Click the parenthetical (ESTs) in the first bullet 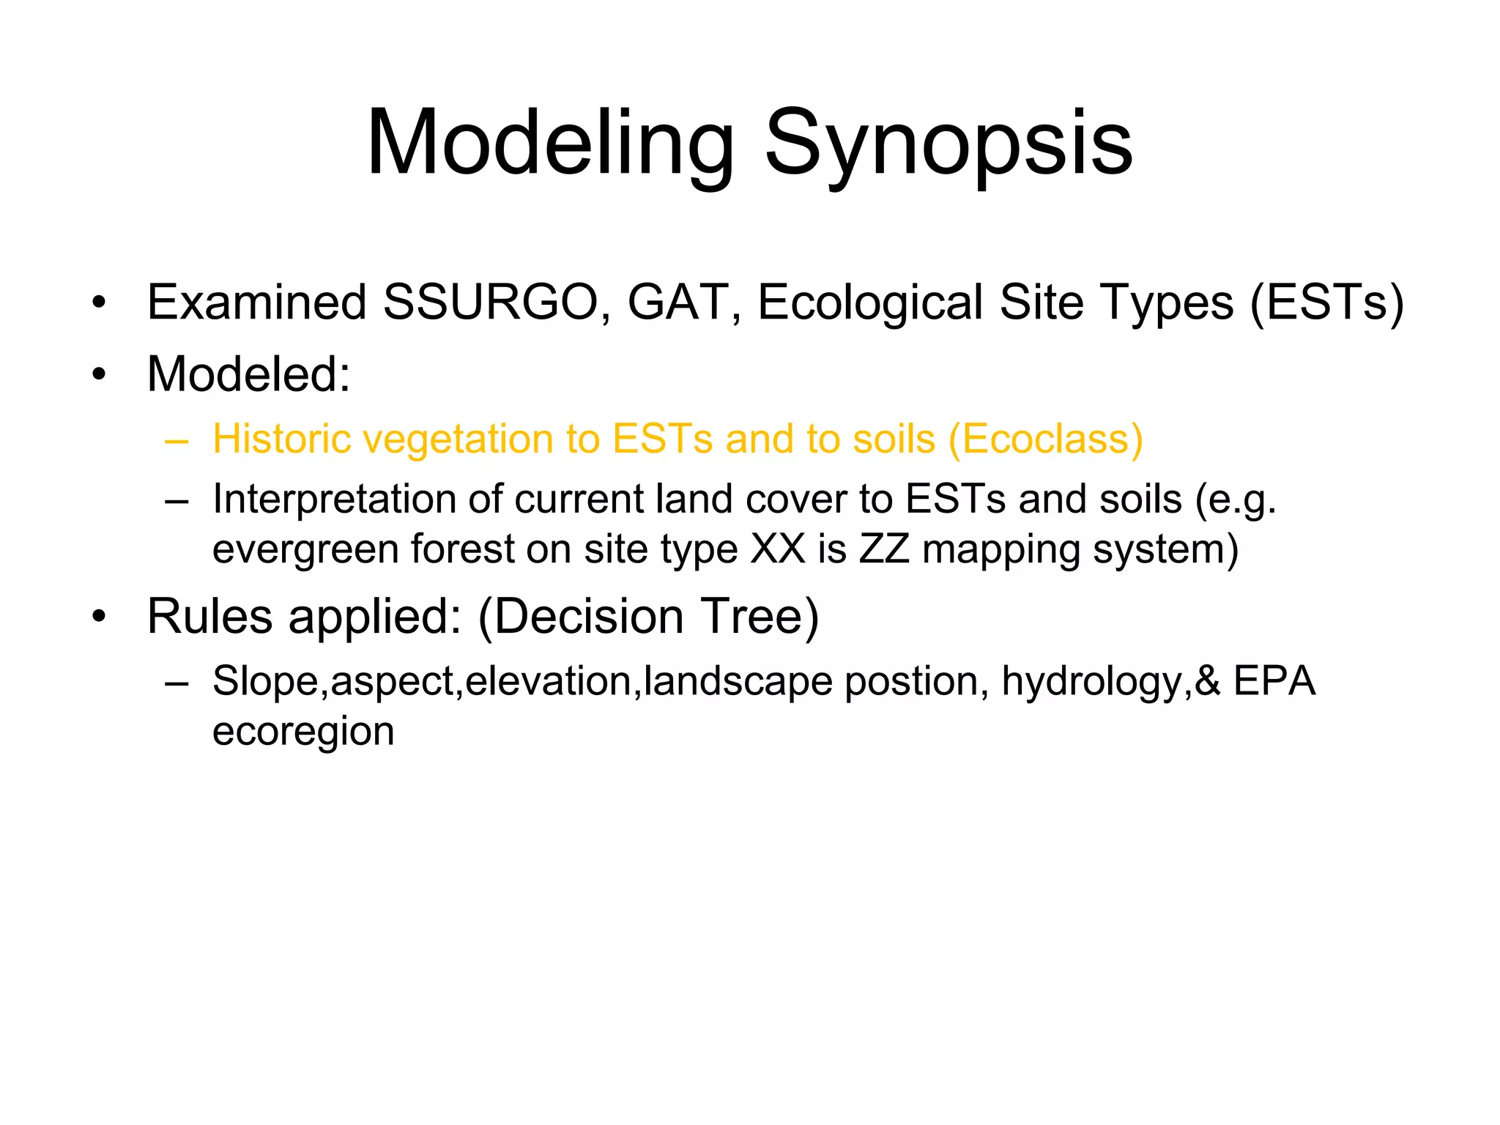(x=1326, y=302)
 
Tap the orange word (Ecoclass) (x=1045, y=439)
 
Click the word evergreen (x=305, y=549)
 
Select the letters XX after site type (x=778, y=549)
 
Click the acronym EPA (x=1274, y=681)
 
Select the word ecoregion (x=303, y=731)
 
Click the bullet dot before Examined (x=100, y=302)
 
